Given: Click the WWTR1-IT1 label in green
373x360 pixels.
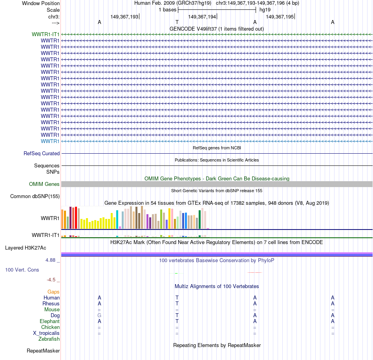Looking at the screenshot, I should (x=46, y=34).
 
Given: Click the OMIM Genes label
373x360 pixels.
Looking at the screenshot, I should (x=44, y=184).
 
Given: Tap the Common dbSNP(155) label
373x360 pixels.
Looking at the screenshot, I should (x=35, y=196).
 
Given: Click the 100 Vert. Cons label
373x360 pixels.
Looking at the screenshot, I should (x=22, y=270).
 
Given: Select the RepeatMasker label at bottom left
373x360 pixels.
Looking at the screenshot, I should (x=43, y=351).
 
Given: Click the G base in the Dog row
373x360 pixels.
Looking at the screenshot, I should (x=99, y=315).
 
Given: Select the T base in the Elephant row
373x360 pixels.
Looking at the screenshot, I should (x=177, y=321).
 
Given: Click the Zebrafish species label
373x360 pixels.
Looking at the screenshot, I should (x=49, y=339).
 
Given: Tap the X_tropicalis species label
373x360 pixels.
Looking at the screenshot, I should (x=46, y=333).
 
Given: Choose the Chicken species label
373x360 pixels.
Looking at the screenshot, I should (x=50, y=327).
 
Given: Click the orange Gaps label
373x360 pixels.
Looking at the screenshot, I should (x=53, y=292).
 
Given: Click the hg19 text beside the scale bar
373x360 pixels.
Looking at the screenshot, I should (x=265, y=9).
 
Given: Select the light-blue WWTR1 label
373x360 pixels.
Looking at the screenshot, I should (x=50, y=141).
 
